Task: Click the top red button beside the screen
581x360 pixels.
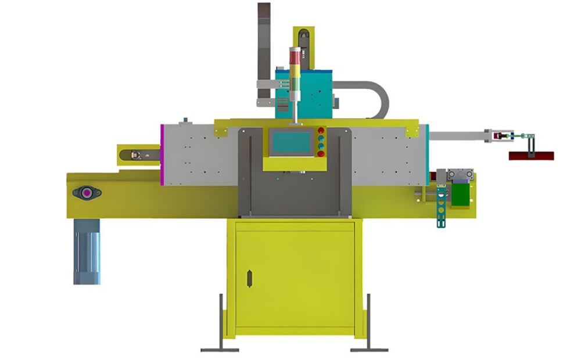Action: coord(321,130)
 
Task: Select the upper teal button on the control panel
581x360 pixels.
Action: coord(321,138)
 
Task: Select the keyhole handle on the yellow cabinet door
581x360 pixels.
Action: coord(250,278)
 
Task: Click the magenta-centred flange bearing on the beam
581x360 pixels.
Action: coord(87,192)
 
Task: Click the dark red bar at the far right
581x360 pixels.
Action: coord(531,156)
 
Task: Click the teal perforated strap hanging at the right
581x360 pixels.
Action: coord(442,207)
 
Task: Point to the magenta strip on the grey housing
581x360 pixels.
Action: coord(163,154)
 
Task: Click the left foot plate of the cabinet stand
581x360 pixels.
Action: coord(220,349)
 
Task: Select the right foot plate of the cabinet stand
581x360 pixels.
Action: coord(369,349)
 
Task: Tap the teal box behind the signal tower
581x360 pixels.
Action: coord(317,93)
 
